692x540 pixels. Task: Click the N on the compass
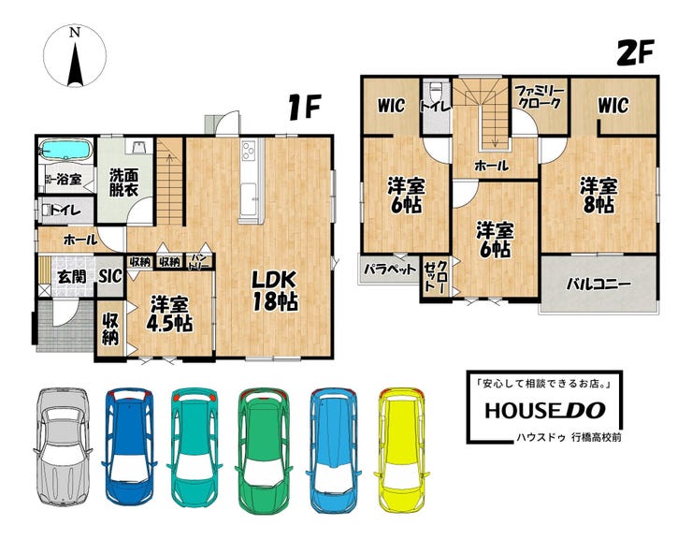pyautogui.click(x=75, y=32)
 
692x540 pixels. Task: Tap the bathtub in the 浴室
pyautogui.click(x=65, y=150)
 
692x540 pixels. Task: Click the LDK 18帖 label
pyautogui.click(x=275, y=291)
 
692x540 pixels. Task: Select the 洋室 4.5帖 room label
pyautogui.click(x=169, y=314)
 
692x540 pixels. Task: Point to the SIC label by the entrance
pyautogui.click(x=110, y=276)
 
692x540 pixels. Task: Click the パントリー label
pyautogui.click(x=199, y=262)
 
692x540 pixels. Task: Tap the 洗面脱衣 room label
pyautogui.click(x=124, y=182)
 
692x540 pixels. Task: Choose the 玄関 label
pyautogui.click(x=72, y=277)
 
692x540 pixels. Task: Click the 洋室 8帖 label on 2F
pyautogui.click(x=598, y=196)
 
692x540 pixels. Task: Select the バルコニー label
pyautogui.click(x=598, y=285)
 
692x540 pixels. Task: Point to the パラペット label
pyautogui.click(x=390, y=269)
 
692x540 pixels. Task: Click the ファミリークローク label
pyautogui.click(x=540, y=97)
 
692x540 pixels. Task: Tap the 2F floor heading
pyautogui.click(x=635, y=53)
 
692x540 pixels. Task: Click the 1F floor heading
pyautogui.click(x=304, y=108)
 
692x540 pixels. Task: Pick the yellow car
pyautogui.click(x=402, y=450)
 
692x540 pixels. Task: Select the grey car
pyautogui.click(x=63, y=446)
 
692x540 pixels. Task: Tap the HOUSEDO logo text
pyautogui.click(x=545, y=411)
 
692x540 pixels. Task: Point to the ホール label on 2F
pyautogui.click(x=492, y=166)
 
